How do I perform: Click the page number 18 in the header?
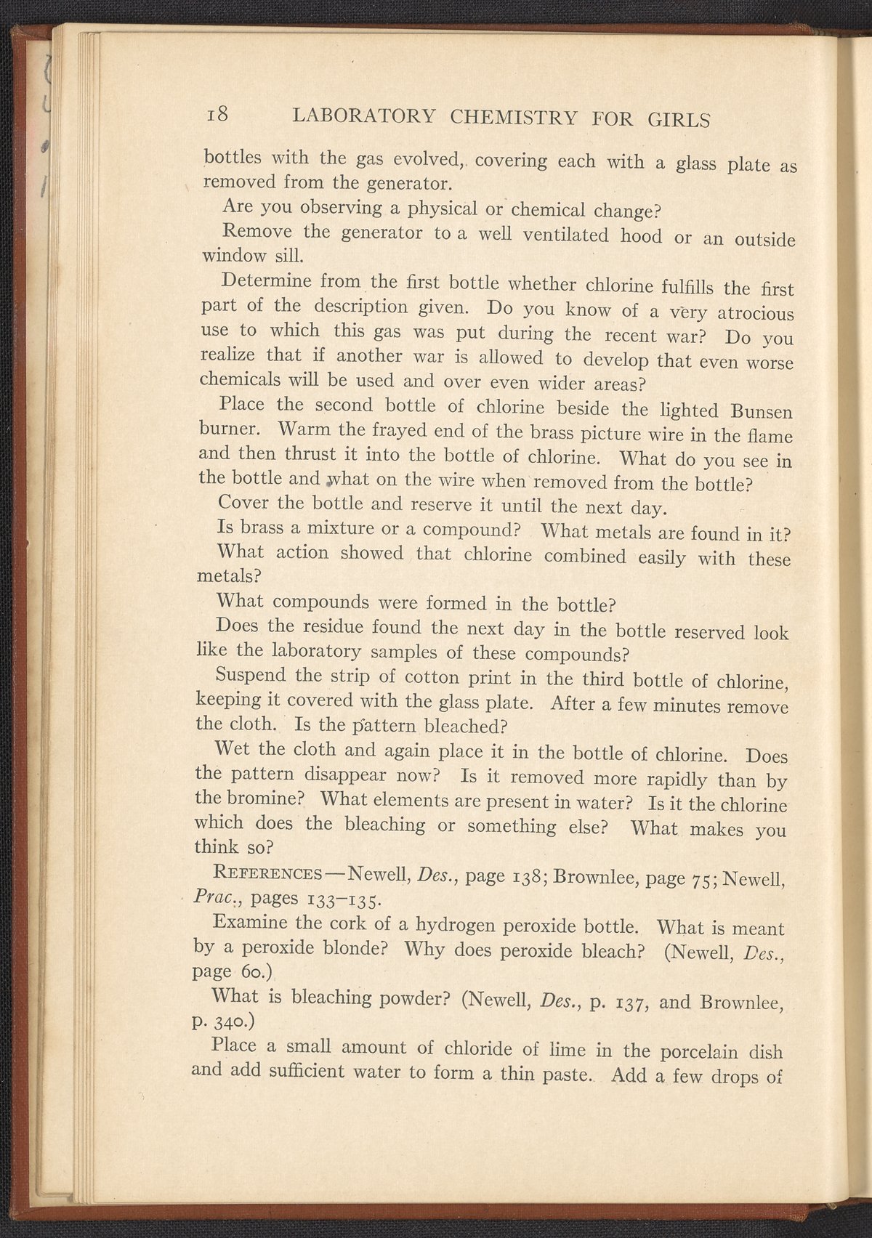point(218,114)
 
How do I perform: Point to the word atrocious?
point(755,315)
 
